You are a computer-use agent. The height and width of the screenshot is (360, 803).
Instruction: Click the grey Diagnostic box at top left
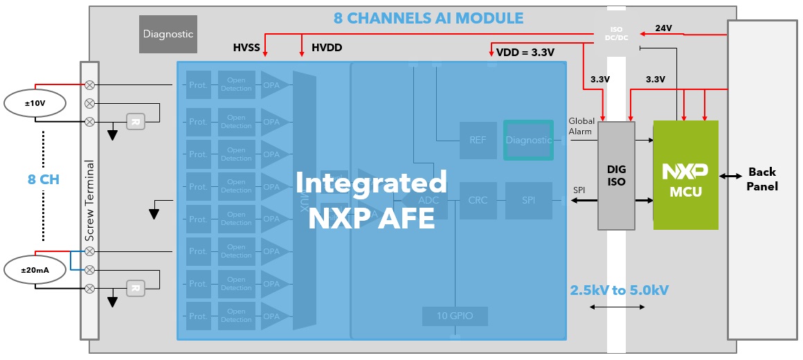[168, 33]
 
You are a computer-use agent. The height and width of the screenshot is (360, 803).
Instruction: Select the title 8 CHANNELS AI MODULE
[428, 18]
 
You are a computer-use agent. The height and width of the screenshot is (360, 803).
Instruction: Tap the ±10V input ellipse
[35, 103]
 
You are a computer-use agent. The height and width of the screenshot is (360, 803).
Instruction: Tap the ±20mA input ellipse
[35, 269]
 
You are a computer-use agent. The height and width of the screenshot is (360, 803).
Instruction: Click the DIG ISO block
[616, 175]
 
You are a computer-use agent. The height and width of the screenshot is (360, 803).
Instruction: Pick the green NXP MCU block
[685, 175]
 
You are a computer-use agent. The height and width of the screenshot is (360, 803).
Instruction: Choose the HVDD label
[327, 48]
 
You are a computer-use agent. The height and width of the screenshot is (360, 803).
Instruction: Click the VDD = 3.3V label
[525, 51]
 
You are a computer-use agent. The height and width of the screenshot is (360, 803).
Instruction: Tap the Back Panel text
[762, 179]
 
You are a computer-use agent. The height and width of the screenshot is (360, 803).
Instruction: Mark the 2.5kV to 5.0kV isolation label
[619, 289]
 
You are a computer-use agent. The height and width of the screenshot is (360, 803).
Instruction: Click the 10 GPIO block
[455, 316]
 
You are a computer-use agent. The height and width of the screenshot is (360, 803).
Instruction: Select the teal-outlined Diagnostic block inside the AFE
[528, 140]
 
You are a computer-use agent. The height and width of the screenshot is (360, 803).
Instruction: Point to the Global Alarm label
[580, 126]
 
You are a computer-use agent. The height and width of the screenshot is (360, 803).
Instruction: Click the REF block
[478, 140]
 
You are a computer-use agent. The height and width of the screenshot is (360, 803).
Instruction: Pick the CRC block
[478, 200]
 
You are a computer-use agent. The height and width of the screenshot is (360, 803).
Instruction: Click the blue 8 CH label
[43, 179]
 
